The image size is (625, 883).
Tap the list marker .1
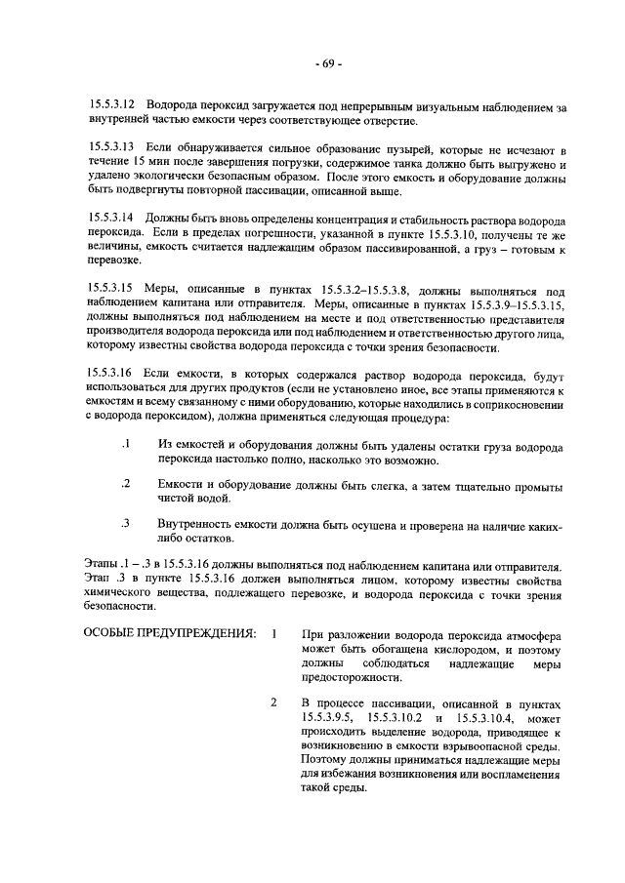pos(125,444)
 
